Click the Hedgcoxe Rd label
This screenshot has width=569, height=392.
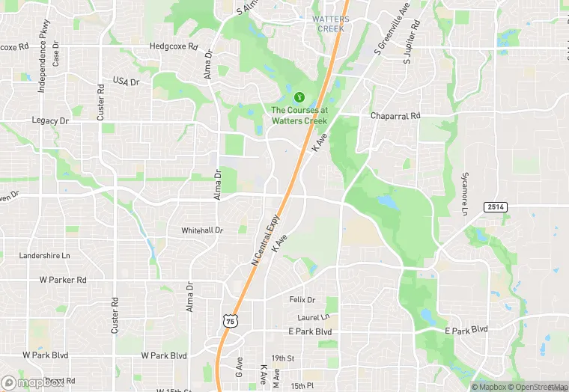(x=173, y=46)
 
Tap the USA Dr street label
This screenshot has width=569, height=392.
(x=126, y=81)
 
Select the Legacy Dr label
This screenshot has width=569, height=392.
(x=50, y=120)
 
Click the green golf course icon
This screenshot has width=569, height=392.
(x=299, y=97)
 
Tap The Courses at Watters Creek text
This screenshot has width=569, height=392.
(x=299, y=115)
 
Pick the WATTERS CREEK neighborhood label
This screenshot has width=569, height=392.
(x=330, y=24)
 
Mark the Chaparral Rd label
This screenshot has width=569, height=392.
(x=396, y=116)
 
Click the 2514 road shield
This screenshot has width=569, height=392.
(x=495, y=207)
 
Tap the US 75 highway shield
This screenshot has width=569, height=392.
(x=229, y=320)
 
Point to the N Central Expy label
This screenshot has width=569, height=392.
(x=265, y=239)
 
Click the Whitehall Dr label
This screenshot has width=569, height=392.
(x=202, y=230)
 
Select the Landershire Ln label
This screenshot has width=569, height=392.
(x=44, y=255)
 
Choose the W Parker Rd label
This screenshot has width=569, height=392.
(x=63, y=280)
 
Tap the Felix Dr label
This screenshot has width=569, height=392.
(x=302, y=299)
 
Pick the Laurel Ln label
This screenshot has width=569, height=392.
(x=313, y=317)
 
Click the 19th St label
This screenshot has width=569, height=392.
(x=283, y=359)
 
